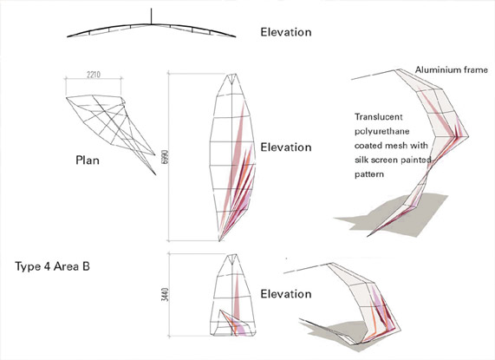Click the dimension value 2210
coord(93,75)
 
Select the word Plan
coord(88,160)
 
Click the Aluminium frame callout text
coord(452,69)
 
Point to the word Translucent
coord(379,117)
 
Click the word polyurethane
coord(382,131)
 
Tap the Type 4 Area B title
coord(52,266)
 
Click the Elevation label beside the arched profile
coord(286,32)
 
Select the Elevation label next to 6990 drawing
coord(286,147)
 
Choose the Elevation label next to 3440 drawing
coord(286,294)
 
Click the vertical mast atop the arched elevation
coord(151,16)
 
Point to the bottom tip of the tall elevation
coord(219,241)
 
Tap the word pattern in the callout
coord(369,174)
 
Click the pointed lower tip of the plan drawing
coord(156,174)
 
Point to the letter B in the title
coord(86,266)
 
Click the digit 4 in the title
coord(46,266)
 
